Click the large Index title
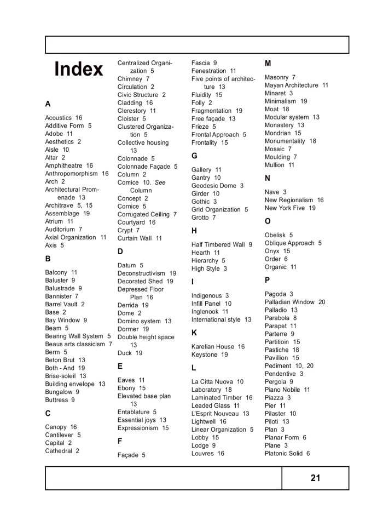pyautogui.click(x=79, y=70)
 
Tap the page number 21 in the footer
pyautogui.click(x=315, y=478)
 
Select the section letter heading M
pyautogui.click(x=268, y=64)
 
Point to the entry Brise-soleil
pyautogui.click(x=61, y=376)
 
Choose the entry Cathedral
pyautogui.click(x=59, y=451)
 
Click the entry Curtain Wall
pyautogui.click(x=135, y=238)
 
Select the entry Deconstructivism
pyautogui.click(x=141, y=273)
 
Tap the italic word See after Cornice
pyautogui.click(x=160, y=182)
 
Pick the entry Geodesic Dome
pyautogui.click(x=213, y=186)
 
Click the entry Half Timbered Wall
pyautogui.click(x=218, y=244)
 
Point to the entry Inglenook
pyautogui.click(x=206, y=312)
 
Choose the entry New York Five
pyautogui.click(x=285, y=208)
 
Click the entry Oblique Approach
pyautogui.click(x=289, y=243)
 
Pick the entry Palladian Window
pyautogui.click(x=289, y=302)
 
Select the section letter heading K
pyautogui.click(x=194, y=333)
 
